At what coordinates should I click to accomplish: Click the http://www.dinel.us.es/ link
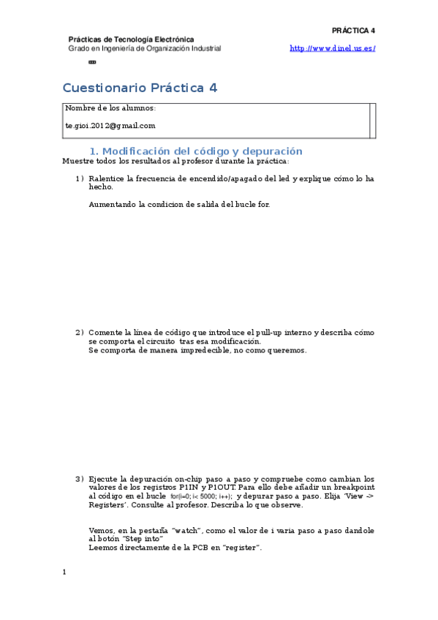click(333, 48)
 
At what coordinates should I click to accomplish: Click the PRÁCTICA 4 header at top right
click(353, 31)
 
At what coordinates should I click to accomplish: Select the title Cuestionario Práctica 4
click(140, 88)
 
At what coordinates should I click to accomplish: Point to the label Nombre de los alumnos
click(110, 108)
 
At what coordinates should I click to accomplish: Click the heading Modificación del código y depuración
click(201, 151)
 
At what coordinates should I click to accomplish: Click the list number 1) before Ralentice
click(80, 178)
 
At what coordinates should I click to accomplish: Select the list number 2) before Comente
click(80, 333)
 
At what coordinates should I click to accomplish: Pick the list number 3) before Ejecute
click(80, 479)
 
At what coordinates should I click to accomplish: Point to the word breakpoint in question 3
click(353, 487)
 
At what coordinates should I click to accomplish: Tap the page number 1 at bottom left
click(64, 572)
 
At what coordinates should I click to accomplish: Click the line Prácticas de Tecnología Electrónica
click(131, 39)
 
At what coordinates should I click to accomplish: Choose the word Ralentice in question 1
click(107, 178)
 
